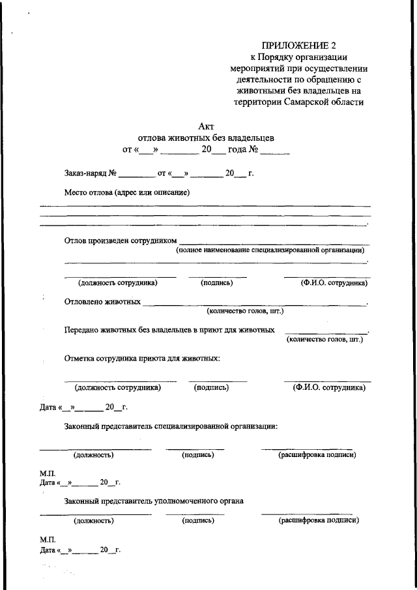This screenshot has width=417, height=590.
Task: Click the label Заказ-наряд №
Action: (x=90, y=174)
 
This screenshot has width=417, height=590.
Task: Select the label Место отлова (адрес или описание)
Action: (x=126, y=192)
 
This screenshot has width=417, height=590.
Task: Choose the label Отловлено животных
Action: (x=102, y=302)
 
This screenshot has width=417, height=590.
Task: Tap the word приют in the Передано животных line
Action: (x=215, y=331)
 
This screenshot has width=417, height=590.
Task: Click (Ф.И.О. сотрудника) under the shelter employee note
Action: (x=328, y=387)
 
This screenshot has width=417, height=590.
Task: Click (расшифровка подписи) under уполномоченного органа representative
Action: (x=318, y=521)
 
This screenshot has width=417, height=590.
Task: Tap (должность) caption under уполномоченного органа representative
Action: (x=94, y=521)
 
